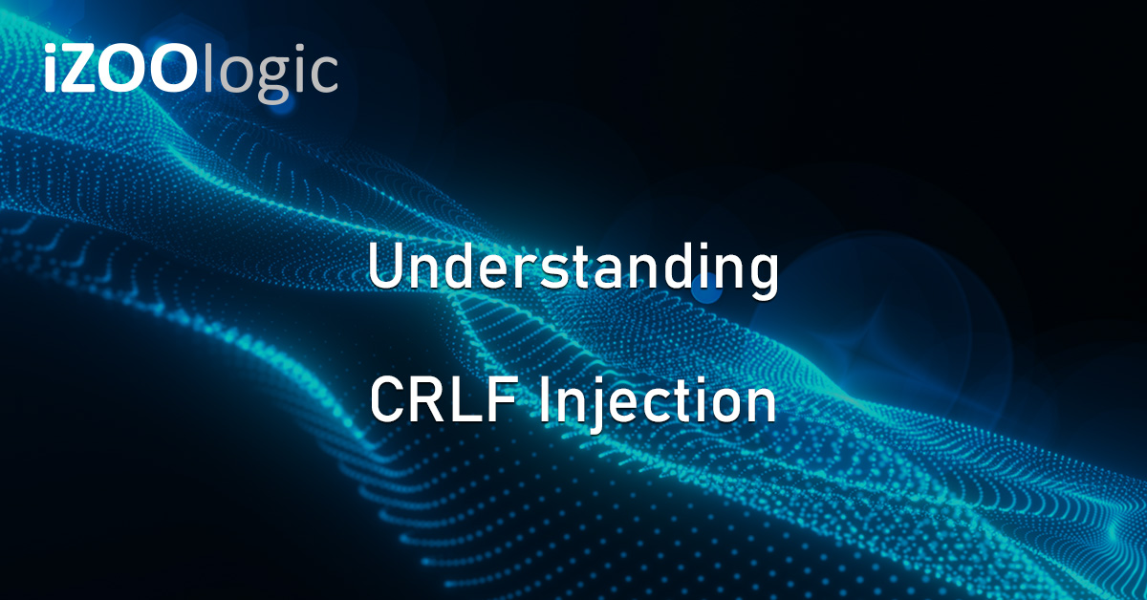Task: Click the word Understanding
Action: (x=573, y=270)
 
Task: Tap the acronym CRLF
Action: (x=444, y=402)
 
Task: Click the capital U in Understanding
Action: (x=387, y=268)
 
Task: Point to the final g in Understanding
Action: (x=760, y=277)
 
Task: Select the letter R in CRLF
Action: (x=427, y=402)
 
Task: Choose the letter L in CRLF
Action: (x=465, y=402)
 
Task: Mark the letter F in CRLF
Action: (x=499, y=402)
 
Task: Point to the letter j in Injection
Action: (x=594, y=406)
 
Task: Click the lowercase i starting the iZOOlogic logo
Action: (x=51, y=71)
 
